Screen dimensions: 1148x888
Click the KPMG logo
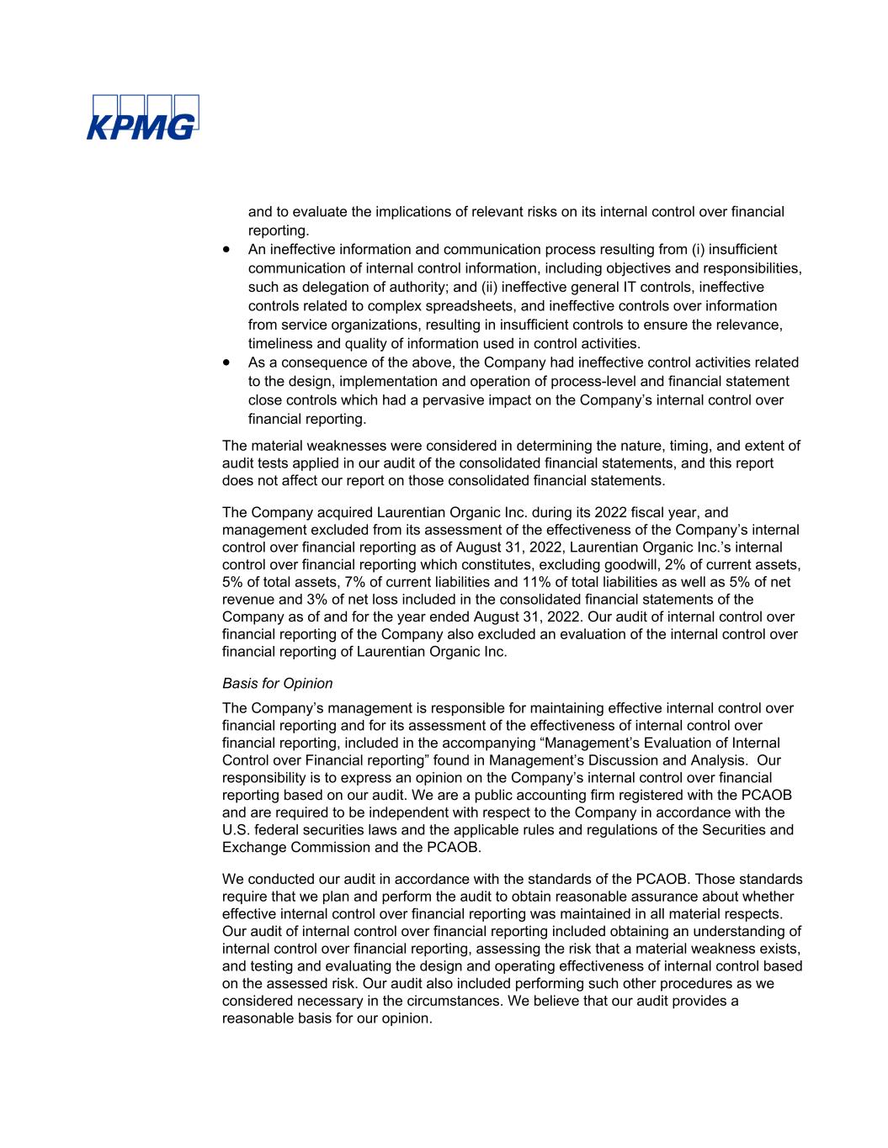[142, 117]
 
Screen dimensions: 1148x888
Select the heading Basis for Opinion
[277, 684]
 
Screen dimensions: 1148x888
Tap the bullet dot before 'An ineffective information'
[227, 250]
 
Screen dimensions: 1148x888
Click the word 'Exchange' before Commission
[253, 848]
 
